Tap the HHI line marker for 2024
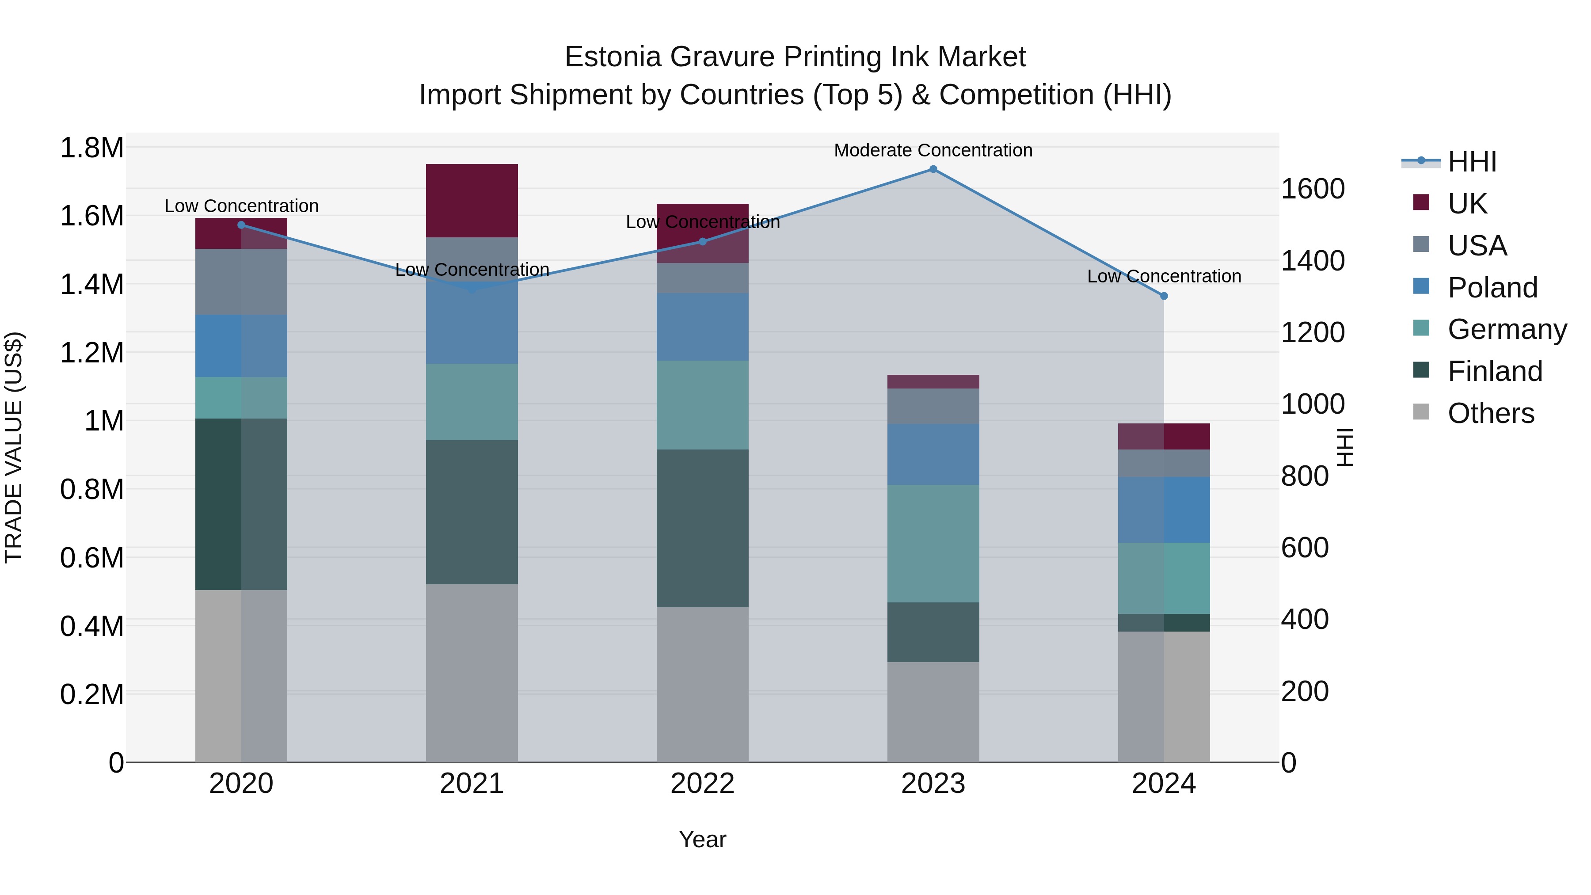(1164, 296)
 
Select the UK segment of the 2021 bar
(472, 201)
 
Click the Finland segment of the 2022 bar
(702, 528)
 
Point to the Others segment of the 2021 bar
(472, 673)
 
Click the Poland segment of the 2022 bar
(702, 327)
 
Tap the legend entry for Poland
(1492, 288)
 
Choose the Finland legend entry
(1495, 371)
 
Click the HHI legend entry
(1472, 162)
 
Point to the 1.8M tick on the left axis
(91, 148)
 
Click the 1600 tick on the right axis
(1313, 189)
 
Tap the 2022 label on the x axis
(702, 783)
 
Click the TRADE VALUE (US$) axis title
(14, 447)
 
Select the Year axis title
(702, 839)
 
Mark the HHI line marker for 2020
(241, 225)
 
